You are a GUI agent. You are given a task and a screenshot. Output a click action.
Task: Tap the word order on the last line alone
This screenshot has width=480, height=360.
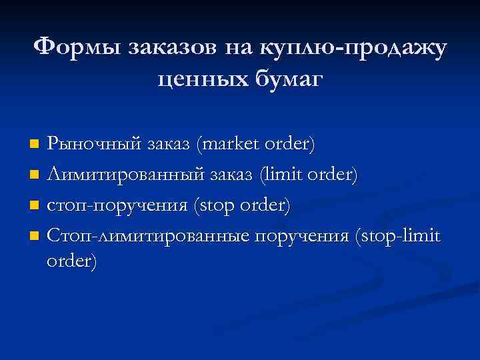tap(71, 262)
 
